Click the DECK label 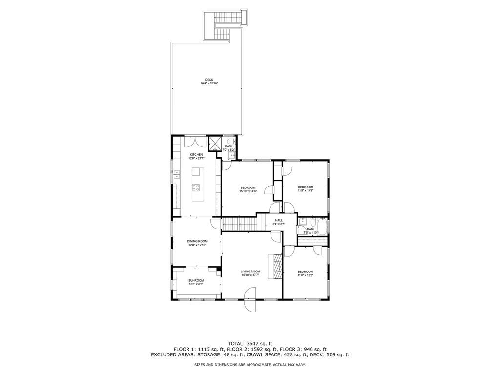209,80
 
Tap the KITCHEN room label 196,155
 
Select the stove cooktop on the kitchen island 196,187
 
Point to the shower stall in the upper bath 215,144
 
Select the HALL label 279,220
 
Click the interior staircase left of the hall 239,225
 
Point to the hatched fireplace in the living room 277,267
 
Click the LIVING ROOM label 250,271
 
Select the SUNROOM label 196,280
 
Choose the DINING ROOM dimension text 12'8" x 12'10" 198,245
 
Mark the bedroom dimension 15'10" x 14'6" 248,191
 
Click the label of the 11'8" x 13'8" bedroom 305,271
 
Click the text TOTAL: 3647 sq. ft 250,343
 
